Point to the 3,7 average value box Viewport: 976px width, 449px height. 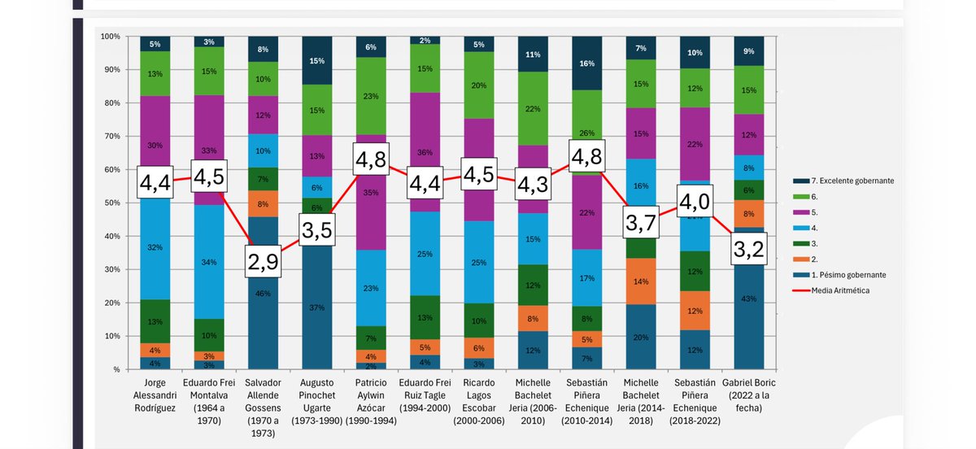(641, 220)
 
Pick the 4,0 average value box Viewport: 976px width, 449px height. (695, 200)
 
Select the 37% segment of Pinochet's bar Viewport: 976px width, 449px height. (316, 307)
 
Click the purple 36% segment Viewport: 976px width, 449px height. (425, 151)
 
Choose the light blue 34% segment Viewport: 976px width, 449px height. (208, 262)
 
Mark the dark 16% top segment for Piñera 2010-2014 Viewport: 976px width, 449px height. (587, 63)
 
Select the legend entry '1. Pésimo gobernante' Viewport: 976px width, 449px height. (846, 275)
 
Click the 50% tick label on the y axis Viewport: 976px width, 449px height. (111, 203)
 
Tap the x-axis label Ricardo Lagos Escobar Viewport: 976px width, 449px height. (478, 402)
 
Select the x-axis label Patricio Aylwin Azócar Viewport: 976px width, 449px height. (370, 402)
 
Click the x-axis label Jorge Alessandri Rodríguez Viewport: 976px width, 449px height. (155, 395)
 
